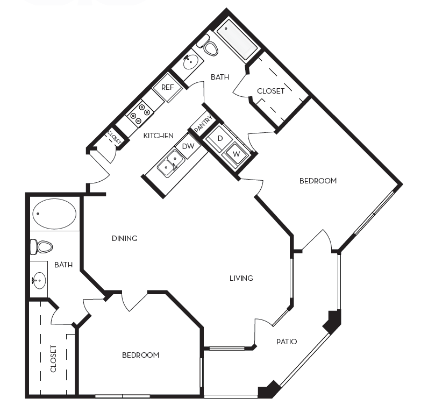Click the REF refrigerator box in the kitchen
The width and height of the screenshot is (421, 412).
coord(167,87)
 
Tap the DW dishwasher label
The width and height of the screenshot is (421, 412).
coord(188,146)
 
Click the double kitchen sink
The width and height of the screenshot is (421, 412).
coord(170,163)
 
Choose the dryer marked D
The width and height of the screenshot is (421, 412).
coord(220,138)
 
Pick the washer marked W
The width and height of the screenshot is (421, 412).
coord(235,153)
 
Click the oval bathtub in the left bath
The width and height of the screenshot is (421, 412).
coord(54,214)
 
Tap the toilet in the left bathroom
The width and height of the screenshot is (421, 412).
coord(41,247)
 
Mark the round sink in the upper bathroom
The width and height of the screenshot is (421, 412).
coord(190,62)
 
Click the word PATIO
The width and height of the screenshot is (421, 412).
coord(287,341)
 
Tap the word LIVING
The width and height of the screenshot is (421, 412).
coord(241,278)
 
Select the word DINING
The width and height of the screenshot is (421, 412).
coord(124,238)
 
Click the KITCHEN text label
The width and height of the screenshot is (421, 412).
coord(158,136)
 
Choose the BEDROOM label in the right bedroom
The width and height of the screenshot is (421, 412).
coord(318,181)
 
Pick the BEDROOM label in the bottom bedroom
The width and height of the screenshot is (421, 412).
coord(140,355)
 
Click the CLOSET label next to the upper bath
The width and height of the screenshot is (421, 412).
coord(270,91)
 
